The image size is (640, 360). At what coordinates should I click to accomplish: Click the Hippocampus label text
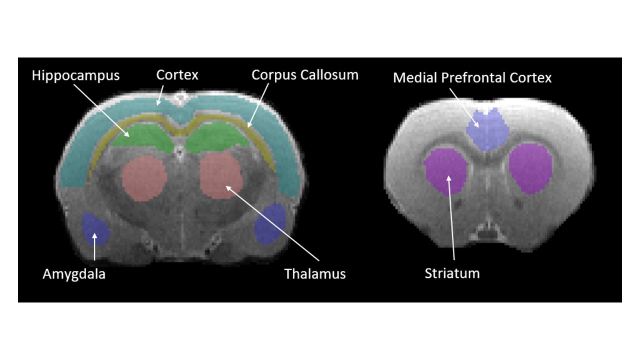(75, 75)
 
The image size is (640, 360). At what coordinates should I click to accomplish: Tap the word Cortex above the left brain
(177, 75)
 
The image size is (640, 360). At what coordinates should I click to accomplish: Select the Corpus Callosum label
(305, 75)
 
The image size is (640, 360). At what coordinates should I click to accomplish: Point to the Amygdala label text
(74, 274)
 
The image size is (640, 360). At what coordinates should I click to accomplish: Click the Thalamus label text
(315, 274)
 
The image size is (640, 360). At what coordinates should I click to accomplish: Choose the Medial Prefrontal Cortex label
(472, 77)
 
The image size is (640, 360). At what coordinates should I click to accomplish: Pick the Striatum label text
(452, 273)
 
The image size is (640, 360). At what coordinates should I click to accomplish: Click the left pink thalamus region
(144, 178)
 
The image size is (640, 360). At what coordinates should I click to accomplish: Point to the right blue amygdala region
(270, 224)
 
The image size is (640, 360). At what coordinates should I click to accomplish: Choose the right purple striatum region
(531, 168)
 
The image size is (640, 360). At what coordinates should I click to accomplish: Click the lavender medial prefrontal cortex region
(487, 129)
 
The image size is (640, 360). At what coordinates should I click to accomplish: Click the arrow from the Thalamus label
(272, 223)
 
